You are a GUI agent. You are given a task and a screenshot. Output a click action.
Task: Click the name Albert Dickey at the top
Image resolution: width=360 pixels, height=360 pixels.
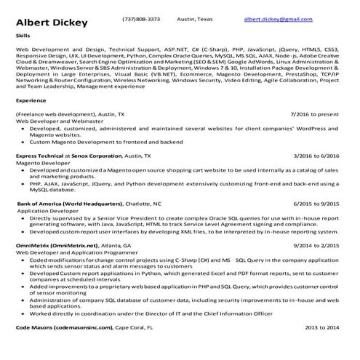click(51, 22)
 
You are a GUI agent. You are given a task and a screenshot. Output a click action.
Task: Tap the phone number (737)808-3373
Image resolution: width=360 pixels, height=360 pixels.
click(141, 19)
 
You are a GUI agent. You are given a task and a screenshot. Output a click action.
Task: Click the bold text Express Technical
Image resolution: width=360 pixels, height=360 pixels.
click(39, 156)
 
